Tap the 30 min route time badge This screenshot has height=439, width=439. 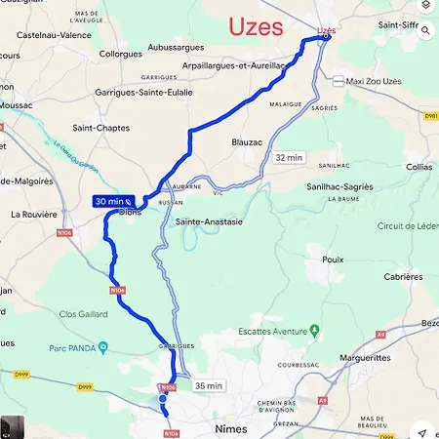tap(114, 201)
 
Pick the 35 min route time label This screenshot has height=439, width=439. tap(209, 385)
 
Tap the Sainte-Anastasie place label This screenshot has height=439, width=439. tap(209, 221)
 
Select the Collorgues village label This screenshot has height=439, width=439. tap(120, 54)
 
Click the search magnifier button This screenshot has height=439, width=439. tap(425, 30)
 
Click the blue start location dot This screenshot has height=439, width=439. tap(163, 398)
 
